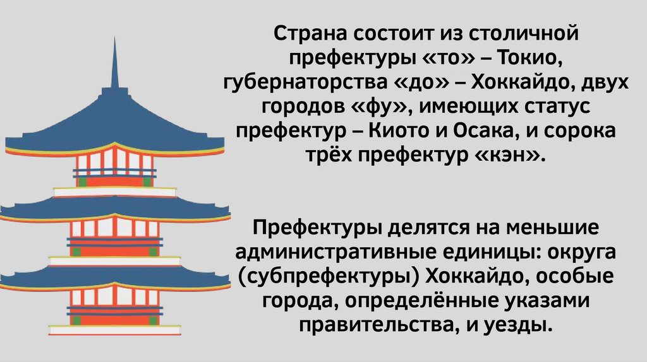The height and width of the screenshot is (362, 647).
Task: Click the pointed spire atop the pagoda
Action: tap(115, 63)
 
